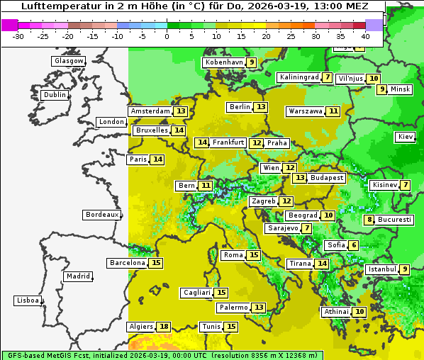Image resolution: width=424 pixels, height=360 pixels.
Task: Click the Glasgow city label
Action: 69,61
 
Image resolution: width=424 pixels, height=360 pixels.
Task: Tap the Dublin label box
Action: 55,95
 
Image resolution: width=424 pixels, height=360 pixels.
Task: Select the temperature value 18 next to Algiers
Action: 164,327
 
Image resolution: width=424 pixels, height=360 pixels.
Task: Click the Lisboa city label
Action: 28,300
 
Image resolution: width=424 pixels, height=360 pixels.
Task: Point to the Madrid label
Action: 78,276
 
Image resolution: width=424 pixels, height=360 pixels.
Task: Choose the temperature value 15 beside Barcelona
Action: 156,263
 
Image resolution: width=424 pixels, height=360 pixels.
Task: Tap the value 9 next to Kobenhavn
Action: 251,62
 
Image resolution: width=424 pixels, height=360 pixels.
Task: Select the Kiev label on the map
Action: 406,137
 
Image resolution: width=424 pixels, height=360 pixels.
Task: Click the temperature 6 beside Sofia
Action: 353,245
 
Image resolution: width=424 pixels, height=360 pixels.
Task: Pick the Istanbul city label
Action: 381,269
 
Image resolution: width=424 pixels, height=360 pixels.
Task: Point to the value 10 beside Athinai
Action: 359,312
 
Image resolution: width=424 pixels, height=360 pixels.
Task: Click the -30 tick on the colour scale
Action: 18,35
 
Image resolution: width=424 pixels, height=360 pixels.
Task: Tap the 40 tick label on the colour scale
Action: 365,35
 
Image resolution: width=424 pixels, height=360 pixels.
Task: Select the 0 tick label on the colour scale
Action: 167,35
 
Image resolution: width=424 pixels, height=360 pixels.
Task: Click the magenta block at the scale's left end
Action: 10,25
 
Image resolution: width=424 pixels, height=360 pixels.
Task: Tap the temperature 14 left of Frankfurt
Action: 202,142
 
